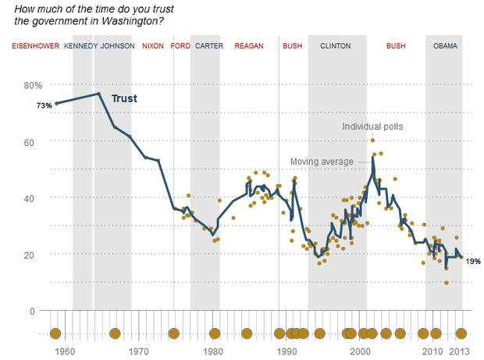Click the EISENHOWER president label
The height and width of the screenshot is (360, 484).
(x=36, y=46)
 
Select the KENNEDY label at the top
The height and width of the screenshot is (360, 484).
(x=81, y=46)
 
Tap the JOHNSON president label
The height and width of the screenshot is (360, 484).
(x=118, y=46)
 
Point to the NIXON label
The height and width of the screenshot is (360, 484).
(x=153, y=46)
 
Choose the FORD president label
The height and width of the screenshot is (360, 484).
(x=180, y=46)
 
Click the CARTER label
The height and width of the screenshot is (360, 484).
(x=209, y=46)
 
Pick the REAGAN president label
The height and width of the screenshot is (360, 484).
(x=249, y=46)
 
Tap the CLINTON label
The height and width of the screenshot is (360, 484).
(x=336, y=46)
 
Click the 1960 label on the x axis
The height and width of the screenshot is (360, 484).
(x=65, y=351)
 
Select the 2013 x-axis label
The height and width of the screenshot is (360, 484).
(x=459, y=351)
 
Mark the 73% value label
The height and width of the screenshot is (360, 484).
(x=44, y=105)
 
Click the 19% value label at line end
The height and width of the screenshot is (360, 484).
(x=473, y=262)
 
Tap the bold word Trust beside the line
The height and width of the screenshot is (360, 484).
(x=124, y=98)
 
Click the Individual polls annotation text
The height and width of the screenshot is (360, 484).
(x=372, y=127)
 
